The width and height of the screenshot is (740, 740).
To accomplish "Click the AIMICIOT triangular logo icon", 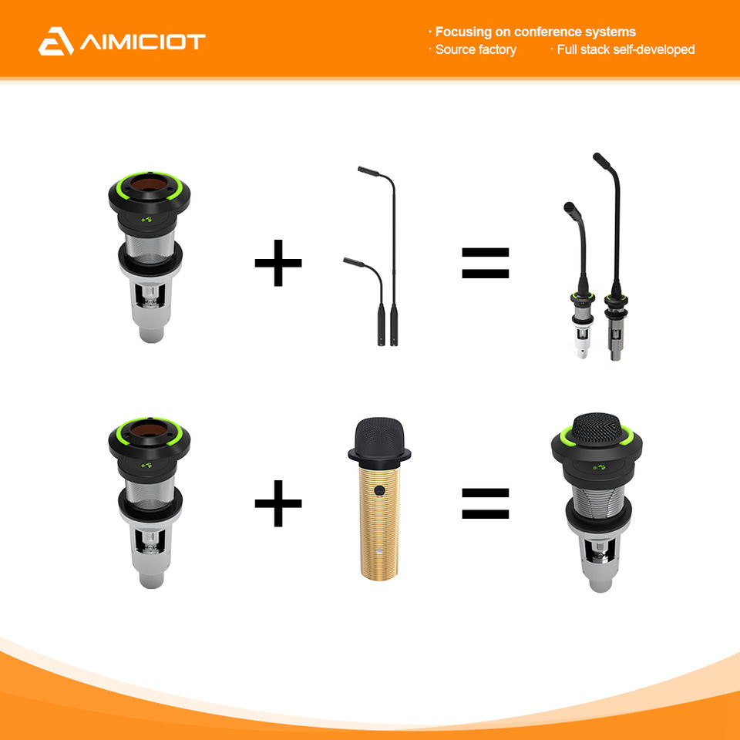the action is tap(55, 42).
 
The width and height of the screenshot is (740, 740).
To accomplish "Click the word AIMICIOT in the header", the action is tap(143, 42).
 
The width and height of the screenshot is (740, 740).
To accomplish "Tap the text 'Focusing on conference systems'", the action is tap(535, 32).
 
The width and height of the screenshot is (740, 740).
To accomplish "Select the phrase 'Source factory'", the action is tap(476, 49).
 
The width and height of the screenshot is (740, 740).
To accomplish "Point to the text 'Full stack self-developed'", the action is tap(626, 49).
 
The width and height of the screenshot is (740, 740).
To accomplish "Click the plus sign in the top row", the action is tap(278, 263).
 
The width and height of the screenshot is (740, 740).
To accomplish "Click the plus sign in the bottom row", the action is tap(278, 503).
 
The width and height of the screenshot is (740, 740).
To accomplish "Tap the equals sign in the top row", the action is tap(485, 263).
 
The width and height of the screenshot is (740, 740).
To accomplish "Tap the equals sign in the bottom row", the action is tap(485, 503).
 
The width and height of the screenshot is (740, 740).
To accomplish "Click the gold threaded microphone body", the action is tap(379, 522).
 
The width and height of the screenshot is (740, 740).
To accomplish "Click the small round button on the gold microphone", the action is tap(379, 490).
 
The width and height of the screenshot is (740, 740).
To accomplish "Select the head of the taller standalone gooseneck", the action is tap(368, 171).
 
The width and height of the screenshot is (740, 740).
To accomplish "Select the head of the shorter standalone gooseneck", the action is tap(354, 262).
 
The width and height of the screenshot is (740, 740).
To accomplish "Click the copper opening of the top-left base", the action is tap(149, 183).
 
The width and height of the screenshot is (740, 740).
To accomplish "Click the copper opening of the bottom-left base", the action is tap(149, 429).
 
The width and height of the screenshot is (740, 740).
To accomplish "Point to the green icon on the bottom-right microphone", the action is tap(599, 467).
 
